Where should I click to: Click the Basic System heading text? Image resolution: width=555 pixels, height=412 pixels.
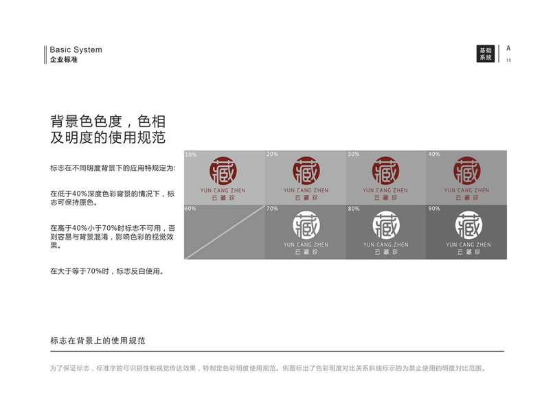[76, 49]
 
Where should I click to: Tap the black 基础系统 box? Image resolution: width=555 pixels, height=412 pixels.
[486, 54]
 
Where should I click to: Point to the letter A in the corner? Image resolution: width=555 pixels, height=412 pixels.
[508, 48]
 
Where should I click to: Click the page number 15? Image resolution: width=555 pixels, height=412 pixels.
[508, 60]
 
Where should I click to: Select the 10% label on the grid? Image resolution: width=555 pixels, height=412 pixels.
[191, 154]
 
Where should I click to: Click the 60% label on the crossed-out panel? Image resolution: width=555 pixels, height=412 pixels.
[191, 208]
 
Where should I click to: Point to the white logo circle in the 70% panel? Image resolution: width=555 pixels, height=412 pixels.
[304, 225]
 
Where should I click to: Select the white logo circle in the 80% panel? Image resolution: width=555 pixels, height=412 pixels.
[385, 225]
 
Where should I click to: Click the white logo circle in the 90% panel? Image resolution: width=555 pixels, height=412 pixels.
[468, 225]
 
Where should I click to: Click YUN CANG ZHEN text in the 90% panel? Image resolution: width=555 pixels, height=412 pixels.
[468, 244]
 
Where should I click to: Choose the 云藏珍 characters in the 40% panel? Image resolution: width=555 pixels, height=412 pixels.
[467, 198]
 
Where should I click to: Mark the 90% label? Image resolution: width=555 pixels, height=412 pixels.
[434, 208]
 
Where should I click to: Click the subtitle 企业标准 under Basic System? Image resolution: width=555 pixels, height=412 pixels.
[63, 60]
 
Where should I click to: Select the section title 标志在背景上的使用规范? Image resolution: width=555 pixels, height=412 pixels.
[98, 341]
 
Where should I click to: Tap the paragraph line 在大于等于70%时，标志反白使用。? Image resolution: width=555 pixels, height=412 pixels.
[106, 271]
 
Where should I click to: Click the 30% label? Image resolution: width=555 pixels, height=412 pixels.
[353, 154]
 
